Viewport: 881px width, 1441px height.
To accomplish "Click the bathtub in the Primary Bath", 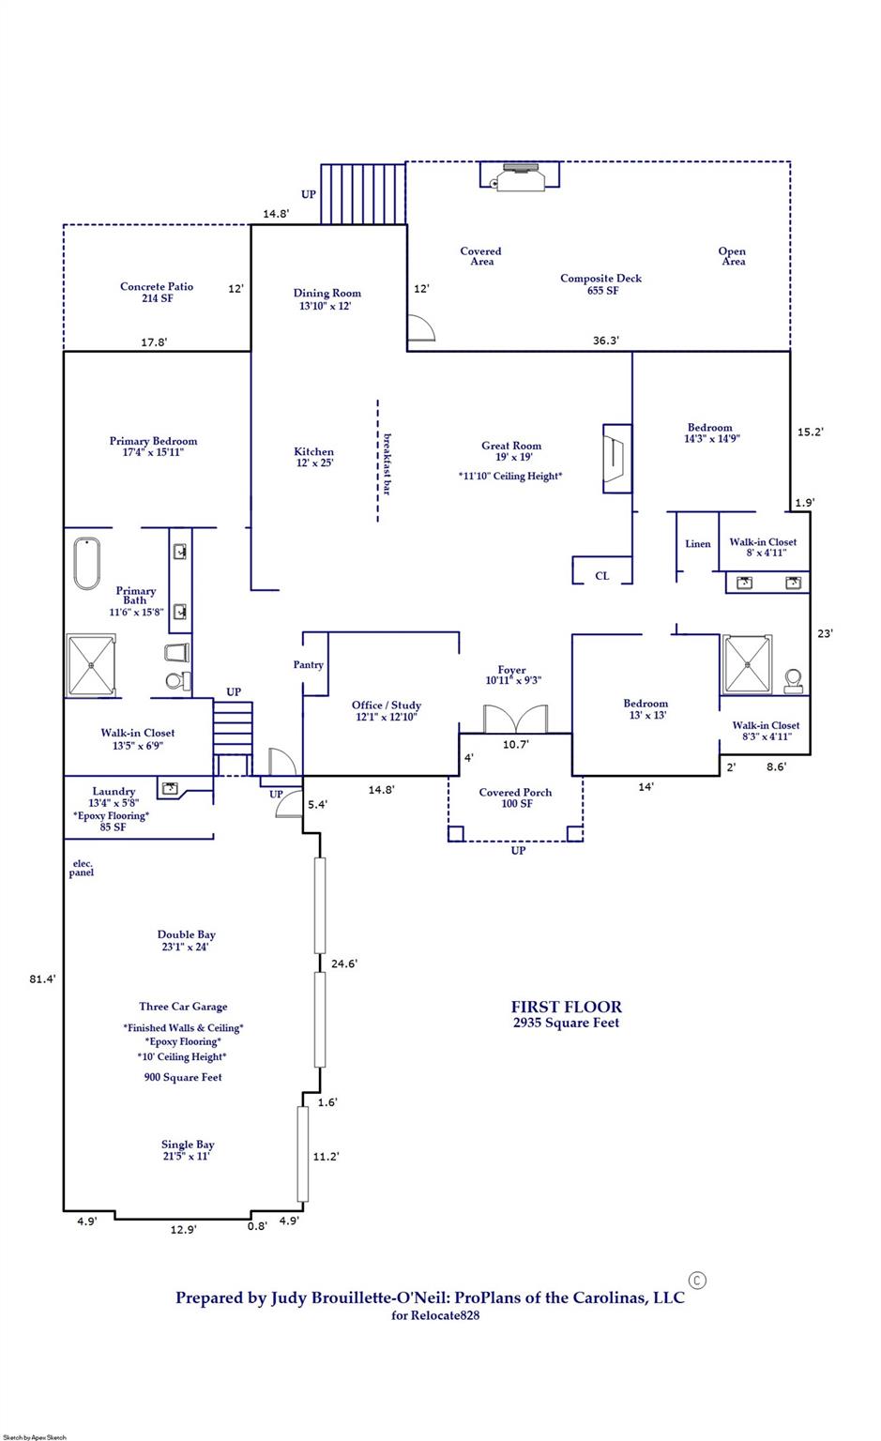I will click(87, 564).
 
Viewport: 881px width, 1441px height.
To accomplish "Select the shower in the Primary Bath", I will click(91, 665).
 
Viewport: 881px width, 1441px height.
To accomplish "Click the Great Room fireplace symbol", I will click(615, 458).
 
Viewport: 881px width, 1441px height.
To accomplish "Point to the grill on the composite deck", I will click(520, 176).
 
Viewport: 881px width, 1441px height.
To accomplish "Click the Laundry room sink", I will click(171, 788).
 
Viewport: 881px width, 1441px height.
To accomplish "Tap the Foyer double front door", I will click(514, 719).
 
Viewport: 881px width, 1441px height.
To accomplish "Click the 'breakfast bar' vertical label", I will click(387, 463).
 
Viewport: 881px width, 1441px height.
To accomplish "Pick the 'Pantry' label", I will click(308, 665).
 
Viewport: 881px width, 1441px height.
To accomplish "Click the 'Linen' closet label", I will click(698, 544).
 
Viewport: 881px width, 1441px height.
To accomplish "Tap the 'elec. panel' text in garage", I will click(82, 868).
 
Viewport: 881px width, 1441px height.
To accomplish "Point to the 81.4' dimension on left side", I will click(42, 978).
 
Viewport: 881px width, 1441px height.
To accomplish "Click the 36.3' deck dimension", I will click(606, 341).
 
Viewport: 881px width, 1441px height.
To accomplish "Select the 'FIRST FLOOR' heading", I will click(566, 1007).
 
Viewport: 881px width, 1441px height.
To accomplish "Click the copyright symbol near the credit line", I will click(697, 1280).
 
